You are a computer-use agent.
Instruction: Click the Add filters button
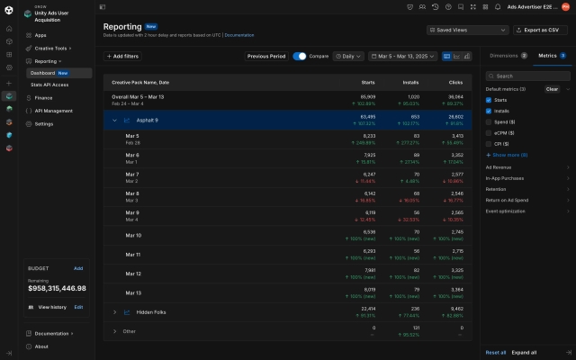122,56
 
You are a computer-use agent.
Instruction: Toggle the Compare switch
300,56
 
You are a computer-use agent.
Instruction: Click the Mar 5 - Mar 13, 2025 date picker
403,56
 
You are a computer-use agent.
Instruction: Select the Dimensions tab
507,56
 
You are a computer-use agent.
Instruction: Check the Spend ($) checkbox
490,121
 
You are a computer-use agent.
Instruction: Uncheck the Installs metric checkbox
490,111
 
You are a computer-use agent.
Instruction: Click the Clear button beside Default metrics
552,89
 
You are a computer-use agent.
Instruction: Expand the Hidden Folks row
115,312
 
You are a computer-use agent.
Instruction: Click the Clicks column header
455,81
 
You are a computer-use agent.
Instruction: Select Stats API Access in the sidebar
49,85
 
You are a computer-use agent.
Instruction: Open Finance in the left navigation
43,97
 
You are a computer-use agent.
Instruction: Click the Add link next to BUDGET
78,268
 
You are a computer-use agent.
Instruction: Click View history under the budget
51,307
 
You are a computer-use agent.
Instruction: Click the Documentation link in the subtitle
239,35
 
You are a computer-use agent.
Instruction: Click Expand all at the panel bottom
524,352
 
